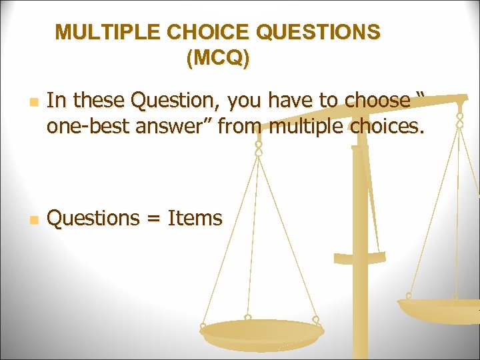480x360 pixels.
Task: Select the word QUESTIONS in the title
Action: (317, 33)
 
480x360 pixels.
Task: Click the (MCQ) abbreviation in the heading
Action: (218, 59)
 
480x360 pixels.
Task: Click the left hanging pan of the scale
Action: (261, 331)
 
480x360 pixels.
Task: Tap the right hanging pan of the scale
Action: (440, 309)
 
